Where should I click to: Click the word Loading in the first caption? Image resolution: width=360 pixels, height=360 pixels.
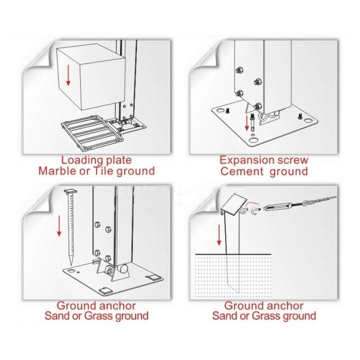(x=80, y=160)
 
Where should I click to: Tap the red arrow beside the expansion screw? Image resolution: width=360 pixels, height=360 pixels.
(x=247, y=123)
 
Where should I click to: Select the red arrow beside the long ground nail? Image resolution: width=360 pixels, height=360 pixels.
(x=59, y=226)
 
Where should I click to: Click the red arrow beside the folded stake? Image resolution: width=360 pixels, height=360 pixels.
(x=219, y=235)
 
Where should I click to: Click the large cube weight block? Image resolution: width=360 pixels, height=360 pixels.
(x=91, y=77)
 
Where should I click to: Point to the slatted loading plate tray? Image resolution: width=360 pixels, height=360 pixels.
(x=92, y=133)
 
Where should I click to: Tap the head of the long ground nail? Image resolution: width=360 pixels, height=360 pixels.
(x=70, y=191)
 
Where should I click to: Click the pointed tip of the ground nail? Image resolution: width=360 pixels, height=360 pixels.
(x=71, y=265)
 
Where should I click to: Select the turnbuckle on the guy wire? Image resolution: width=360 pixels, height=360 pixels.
(x=278, y=207)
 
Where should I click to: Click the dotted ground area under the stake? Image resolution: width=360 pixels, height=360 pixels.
(x=233, y=276)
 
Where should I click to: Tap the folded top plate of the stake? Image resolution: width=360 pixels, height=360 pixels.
(x=234, y=205)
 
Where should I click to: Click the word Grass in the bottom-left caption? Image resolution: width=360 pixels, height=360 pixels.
(x=99, y=316)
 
